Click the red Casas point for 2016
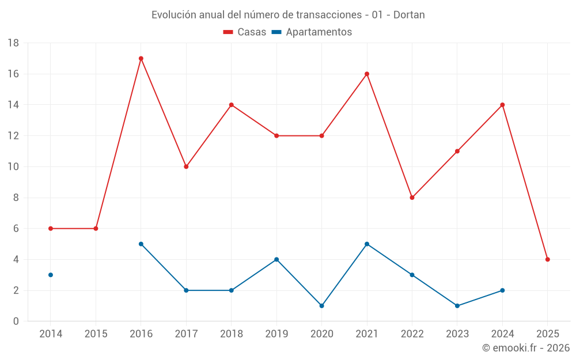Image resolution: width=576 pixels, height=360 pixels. [x=141, y=58]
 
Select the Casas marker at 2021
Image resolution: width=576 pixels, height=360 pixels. [x=367, y=74]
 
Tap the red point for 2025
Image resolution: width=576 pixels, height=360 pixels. [x=548, y=259]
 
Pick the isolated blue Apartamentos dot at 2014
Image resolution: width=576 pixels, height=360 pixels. [x=51, y=275]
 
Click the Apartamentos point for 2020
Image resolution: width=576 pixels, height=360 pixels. [x=322, y=306]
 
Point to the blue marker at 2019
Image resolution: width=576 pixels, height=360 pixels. [x=276, y=259]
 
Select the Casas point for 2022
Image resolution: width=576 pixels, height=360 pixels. [x=412, y=198]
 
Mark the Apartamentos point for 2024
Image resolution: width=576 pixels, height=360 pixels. [x=502, y=290]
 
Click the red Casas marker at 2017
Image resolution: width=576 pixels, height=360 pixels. [x=186, y=166]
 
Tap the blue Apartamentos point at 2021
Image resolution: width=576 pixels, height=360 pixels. [x=367, y=244]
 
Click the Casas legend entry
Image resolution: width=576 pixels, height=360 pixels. [x=245, y=32]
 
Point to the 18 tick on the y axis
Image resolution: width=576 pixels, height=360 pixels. [x=13, y=43]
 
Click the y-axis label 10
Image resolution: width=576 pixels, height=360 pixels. [x=13, y=166]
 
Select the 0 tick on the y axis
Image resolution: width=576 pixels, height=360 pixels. [x=16, y=321]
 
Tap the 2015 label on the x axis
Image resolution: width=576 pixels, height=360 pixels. [x=96, y=334]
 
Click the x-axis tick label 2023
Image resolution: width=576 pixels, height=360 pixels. [x=457, y=334]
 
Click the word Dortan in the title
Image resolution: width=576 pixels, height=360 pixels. [x=409, y=14]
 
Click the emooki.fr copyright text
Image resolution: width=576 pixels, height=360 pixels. [x=526, y=348]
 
